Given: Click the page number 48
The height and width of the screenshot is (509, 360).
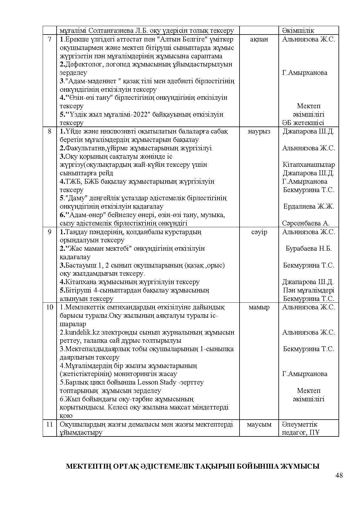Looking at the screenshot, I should pyautogui.click(x=339, y=475).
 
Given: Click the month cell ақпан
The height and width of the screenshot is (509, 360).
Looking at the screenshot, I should pyautogui.click(x=259, y=39).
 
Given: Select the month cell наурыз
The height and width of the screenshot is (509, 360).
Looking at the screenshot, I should pyautogui.click(x=259, y=131).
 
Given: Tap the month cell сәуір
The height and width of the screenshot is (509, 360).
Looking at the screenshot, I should pyautogui.click(x=259, y=232).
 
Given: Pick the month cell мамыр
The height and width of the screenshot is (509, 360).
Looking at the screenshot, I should pyautogui.click(x=259, y=307).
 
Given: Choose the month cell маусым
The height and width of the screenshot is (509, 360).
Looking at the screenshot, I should pyautogui.click(x=259, y=424).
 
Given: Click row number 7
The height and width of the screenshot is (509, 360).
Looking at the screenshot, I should pyautogui.click(x=50, y=39).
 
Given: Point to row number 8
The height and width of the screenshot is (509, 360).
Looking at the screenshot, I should pyautogui.click(x=50, y=131).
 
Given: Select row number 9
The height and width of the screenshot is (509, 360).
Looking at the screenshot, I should pyautogui.click(x=50, y=232).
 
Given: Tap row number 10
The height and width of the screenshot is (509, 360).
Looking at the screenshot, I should pyautogui.click(x=50, y=307).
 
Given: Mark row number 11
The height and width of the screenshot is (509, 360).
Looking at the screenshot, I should pyautogui.click(x=50, y=424).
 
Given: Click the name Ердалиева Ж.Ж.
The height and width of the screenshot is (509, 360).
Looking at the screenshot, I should pyautogui.click(x=309, y=207).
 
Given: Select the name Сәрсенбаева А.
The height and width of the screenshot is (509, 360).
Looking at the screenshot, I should pyautogui.click(x=306, y=223).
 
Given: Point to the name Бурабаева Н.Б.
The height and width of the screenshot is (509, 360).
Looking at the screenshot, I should pyautogui.click(x=309, y=248).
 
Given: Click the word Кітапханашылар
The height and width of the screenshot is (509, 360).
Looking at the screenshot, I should pyautogui.click(x=309, y=165).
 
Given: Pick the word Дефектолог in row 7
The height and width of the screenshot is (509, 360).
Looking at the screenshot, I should pyautogui.click(x=83, y=64).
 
